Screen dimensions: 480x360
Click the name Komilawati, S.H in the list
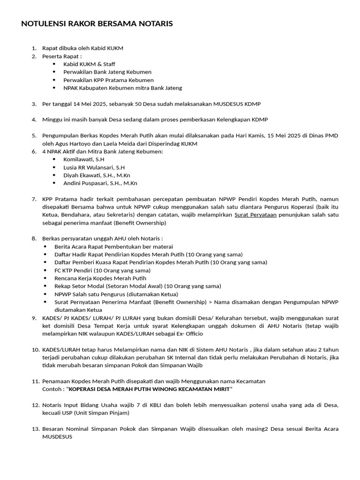coord(84,159)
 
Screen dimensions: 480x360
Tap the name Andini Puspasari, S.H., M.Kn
coord(100,183)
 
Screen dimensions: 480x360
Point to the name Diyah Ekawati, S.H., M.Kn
coord(97,175)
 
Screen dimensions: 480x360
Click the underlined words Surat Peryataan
coord(255,215)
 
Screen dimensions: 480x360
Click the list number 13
coord(35,429)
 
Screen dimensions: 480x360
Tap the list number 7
coord(34,199)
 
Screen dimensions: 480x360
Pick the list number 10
coord(35,350)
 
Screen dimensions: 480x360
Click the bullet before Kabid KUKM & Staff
coord(54,64)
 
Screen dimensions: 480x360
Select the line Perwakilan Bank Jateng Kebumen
coord(107,72)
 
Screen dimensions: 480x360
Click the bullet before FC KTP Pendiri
coord(45,270)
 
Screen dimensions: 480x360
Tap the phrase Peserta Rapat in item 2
coord(60,56)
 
